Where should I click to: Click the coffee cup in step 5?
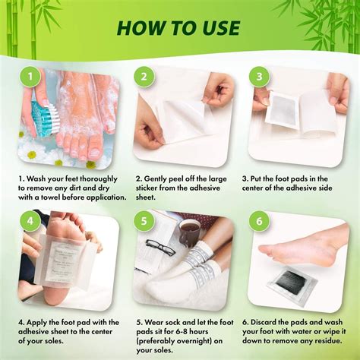coord(189,231)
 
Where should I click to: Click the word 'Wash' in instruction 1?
coord(45,180)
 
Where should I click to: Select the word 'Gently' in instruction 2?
coord(163,180)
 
